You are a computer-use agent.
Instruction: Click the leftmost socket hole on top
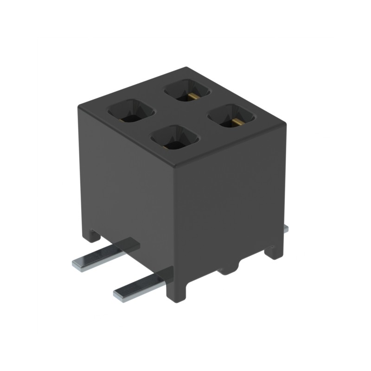[x=131, y=111]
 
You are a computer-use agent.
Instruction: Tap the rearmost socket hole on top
[x=187, y=90]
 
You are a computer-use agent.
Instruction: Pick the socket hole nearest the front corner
[x=175, y=138]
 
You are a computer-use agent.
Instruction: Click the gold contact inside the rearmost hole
[x=192, y=96]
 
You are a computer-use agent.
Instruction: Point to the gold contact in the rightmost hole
[x=236, y=122]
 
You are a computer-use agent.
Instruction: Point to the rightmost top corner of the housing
[x=286, y=124]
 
